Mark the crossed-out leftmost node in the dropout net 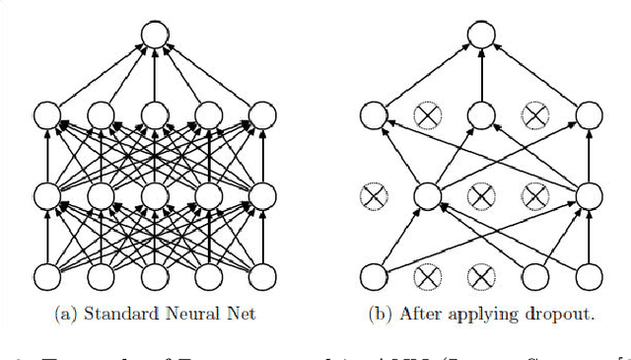tap(372, 195)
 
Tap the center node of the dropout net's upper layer tap(480, 115)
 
